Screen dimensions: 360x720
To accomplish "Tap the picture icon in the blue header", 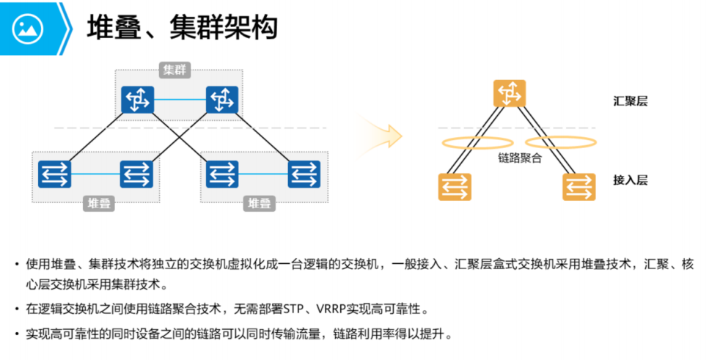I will coord(28,29).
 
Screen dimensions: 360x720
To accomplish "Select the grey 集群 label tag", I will coord(175,70).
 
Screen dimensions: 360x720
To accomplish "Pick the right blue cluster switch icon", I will coord(221,99).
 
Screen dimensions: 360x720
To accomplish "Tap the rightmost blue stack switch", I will coord(302,174).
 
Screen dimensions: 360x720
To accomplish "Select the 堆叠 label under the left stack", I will coord(99,203).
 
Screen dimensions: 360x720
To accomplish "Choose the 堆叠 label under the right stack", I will coord(259,203).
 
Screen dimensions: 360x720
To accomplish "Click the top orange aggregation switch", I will coord(510,94).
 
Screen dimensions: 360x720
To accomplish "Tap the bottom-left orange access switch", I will coord(455,186).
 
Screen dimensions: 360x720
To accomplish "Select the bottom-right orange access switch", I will coord(579,186).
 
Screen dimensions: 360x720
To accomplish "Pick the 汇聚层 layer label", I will coord(631,100).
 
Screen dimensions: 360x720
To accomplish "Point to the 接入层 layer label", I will coord(631,180).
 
